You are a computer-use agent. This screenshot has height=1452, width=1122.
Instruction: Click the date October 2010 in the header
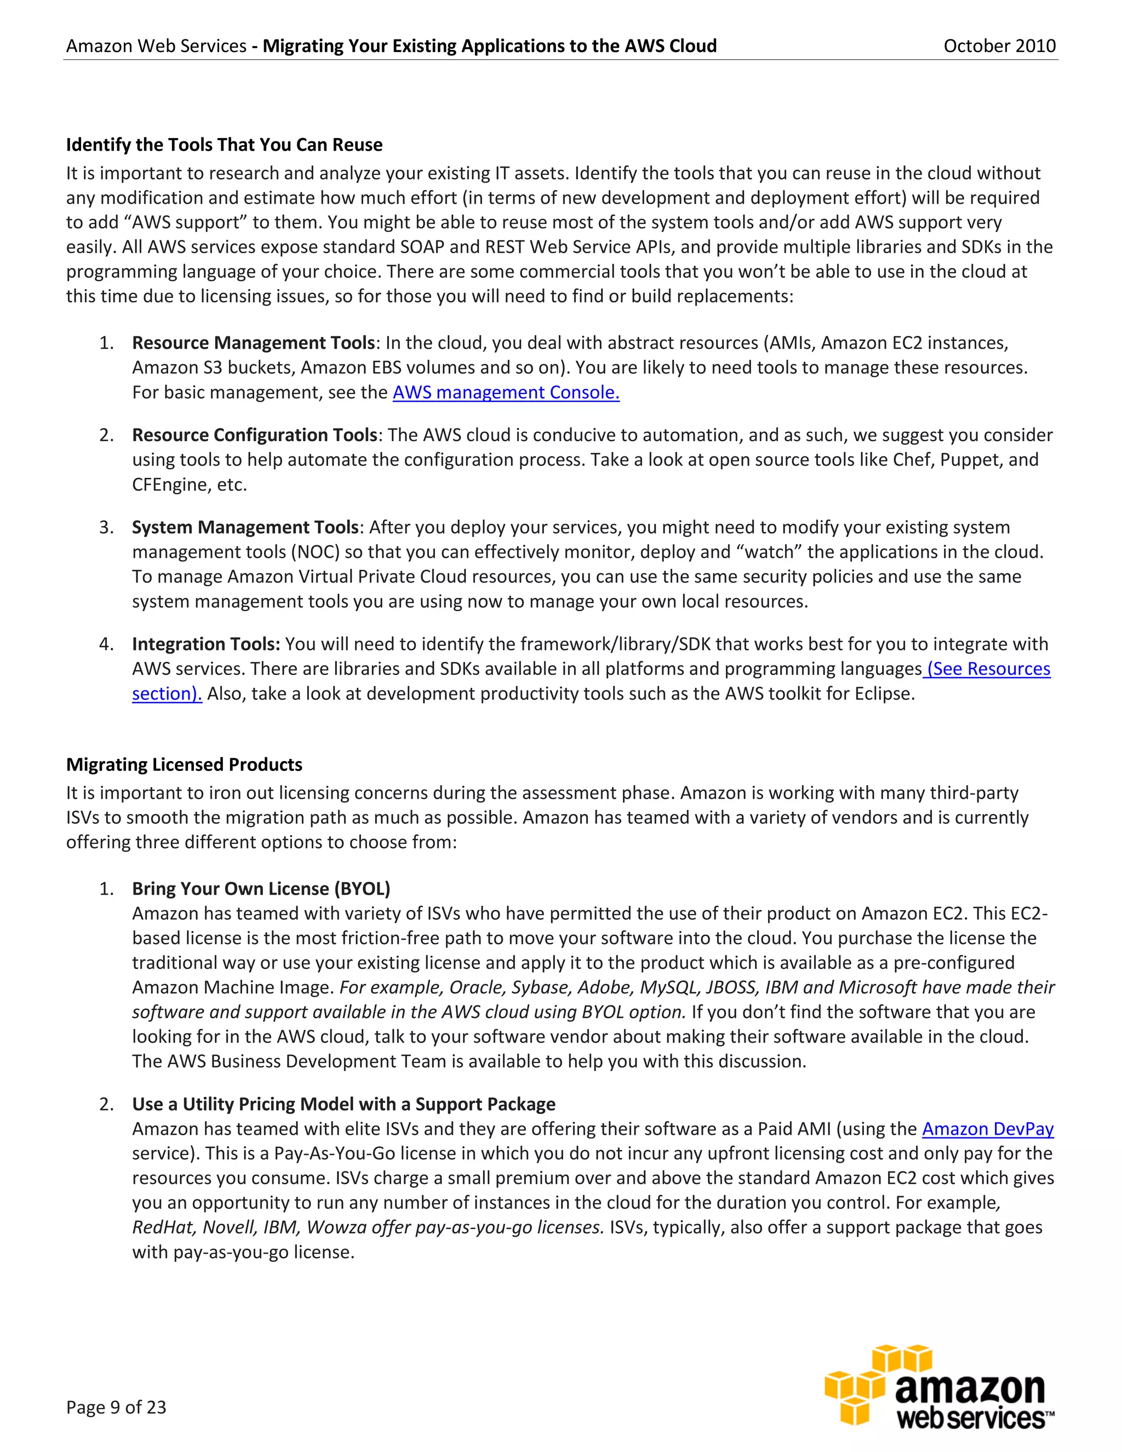999,46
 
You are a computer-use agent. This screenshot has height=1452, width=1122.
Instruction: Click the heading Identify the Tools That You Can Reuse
224,145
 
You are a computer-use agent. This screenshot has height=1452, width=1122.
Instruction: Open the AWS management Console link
506,392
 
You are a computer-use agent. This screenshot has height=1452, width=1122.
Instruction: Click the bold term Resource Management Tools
253,343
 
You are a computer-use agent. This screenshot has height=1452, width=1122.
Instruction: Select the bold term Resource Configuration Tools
255,435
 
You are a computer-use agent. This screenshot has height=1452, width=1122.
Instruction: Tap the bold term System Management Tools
245,527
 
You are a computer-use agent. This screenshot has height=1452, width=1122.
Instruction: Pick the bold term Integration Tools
206,644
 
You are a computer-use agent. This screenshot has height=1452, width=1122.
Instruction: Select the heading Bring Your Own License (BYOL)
261,889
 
